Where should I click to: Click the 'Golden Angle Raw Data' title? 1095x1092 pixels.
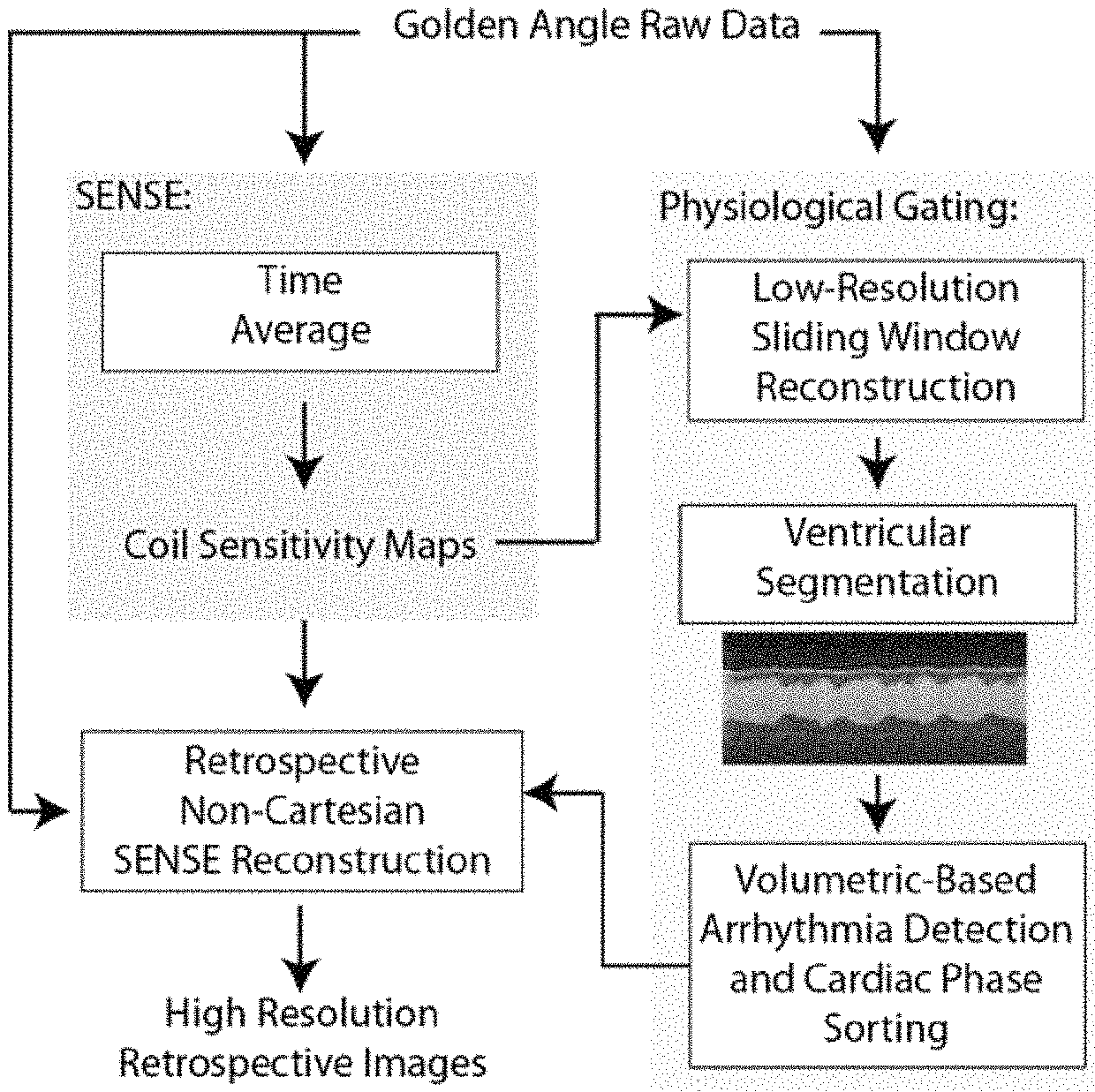pos(597,26)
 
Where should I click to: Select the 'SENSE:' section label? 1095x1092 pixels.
pos(133,197)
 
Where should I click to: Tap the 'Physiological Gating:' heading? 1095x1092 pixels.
pos(838,208)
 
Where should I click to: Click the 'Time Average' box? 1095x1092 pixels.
pos(300,312)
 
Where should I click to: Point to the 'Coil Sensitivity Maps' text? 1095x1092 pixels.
pos(300,546)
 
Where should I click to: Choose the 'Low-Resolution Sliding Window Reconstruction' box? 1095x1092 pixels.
pos(886,341)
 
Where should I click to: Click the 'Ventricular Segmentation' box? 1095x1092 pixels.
pos(878,564)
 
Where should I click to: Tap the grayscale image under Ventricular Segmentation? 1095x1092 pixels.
pos(874,697)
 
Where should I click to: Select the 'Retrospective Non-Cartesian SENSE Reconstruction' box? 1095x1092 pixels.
pos(302,810)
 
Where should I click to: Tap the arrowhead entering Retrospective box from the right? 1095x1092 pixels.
pos(540,792)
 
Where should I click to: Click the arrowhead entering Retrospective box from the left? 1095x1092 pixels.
pos(52,810)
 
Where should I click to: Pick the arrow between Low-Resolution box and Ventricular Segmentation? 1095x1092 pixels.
pos(878,463)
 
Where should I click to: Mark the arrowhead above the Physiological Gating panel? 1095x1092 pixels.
pos(878,135)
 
